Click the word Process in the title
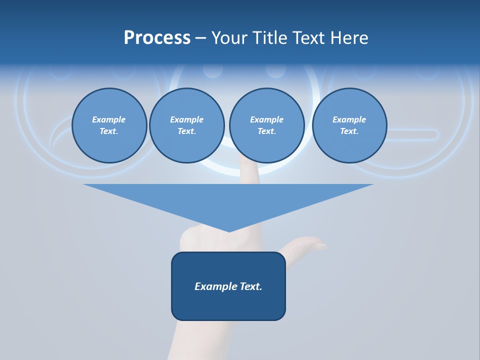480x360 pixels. [x=157, y=38]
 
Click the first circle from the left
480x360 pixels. [x=109, y=125]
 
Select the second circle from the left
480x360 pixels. [x=186, y=125]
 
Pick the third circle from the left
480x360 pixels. [x=266, y=125]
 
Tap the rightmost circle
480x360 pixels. [x=349, y=125]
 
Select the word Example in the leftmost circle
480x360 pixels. [x=109, y=119]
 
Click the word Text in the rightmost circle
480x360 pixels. [x=349, y=131]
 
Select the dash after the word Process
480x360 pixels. [x=200, y=38]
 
